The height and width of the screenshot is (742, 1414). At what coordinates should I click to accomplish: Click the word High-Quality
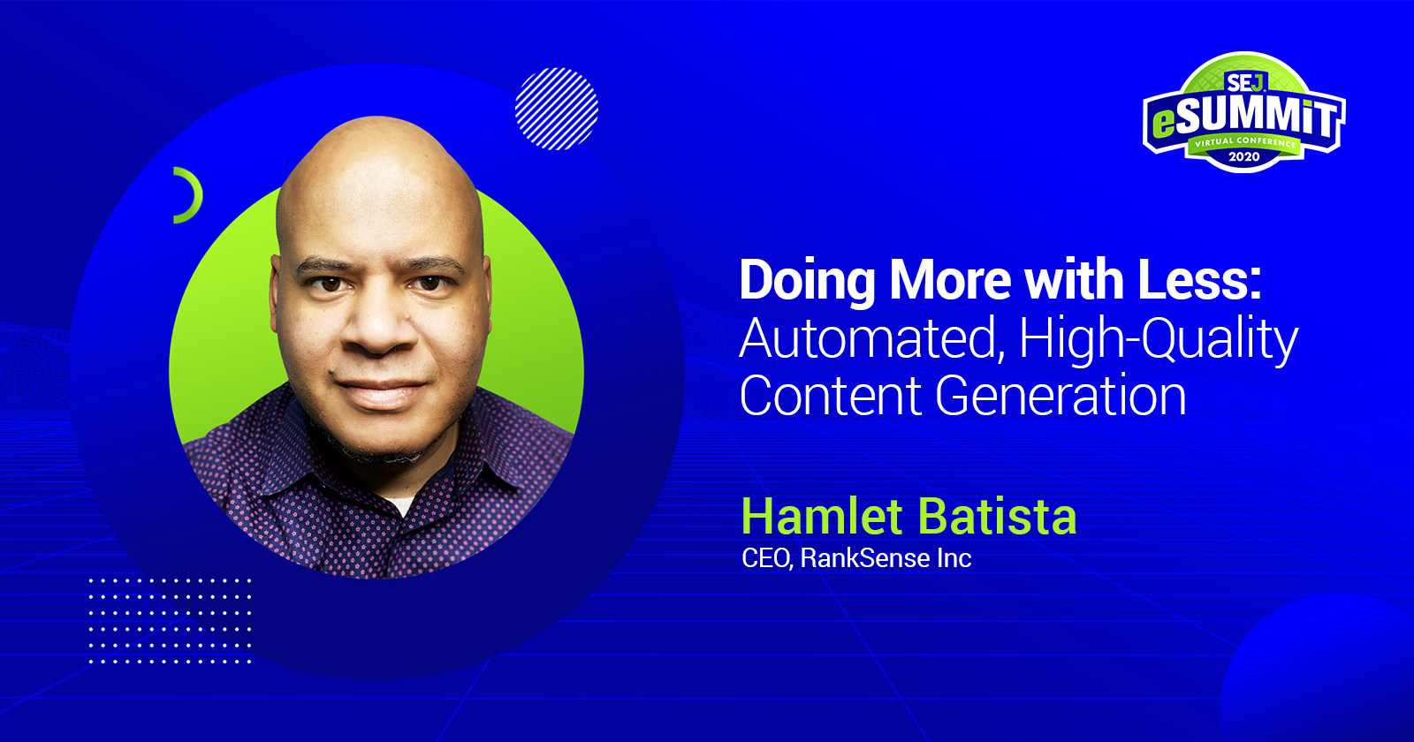point(1159,340)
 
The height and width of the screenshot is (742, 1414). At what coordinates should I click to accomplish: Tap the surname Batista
point(996,517)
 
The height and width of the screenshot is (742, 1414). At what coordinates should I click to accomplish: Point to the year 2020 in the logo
point(1244,156)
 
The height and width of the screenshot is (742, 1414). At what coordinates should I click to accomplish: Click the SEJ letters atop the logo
point(1244,83)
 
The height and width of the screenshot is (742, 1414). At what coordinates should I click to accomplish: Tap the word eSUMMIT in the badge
point(1244,116)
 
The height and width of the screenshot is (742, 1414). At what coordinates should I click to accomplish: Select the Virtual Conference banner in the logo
point(1244,142)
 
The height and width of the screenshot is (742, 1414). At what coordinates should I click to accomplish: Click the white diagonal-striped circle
point(557,109)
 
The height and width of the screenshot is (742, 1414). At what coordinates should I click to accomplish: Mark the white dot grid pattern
point(170,621)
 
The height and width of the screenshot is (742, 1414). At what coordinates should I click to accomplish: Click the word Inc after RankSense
point(955,558)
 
